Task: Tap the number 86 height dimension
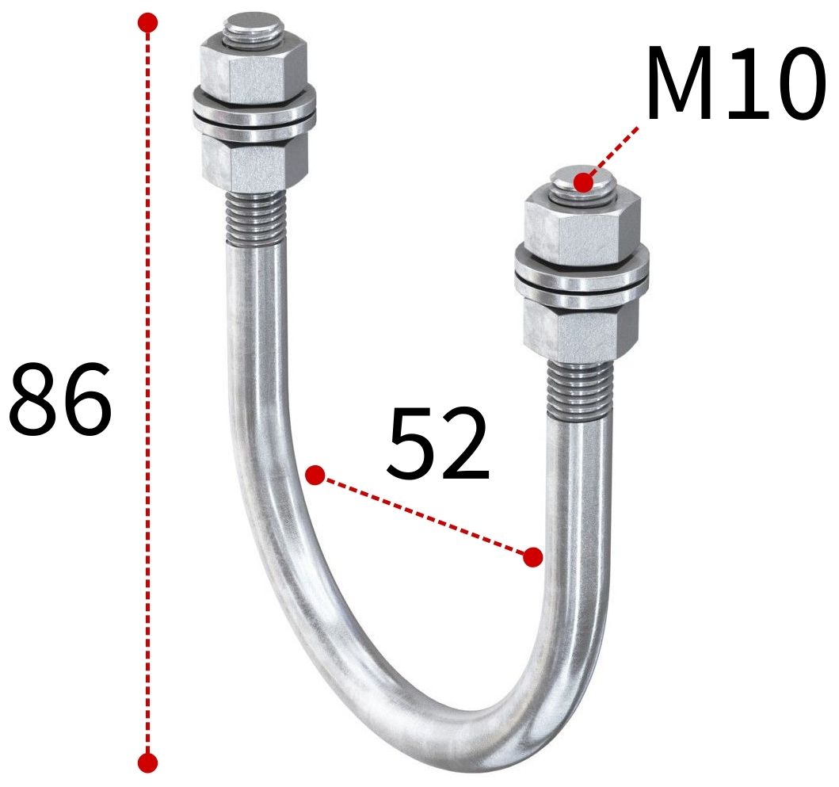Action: (60, 400)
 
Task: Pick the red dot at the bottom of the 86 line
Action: (147, 762)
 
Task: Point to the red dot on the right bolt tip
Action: (584, 182)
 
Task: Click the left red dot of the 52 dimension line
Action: (315, 476)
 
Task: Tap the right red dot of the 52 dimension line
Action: (533, 557)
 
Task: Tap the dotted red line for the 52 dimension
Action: (424, 516)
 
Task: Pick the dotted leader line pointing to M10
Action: (614, 151)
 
